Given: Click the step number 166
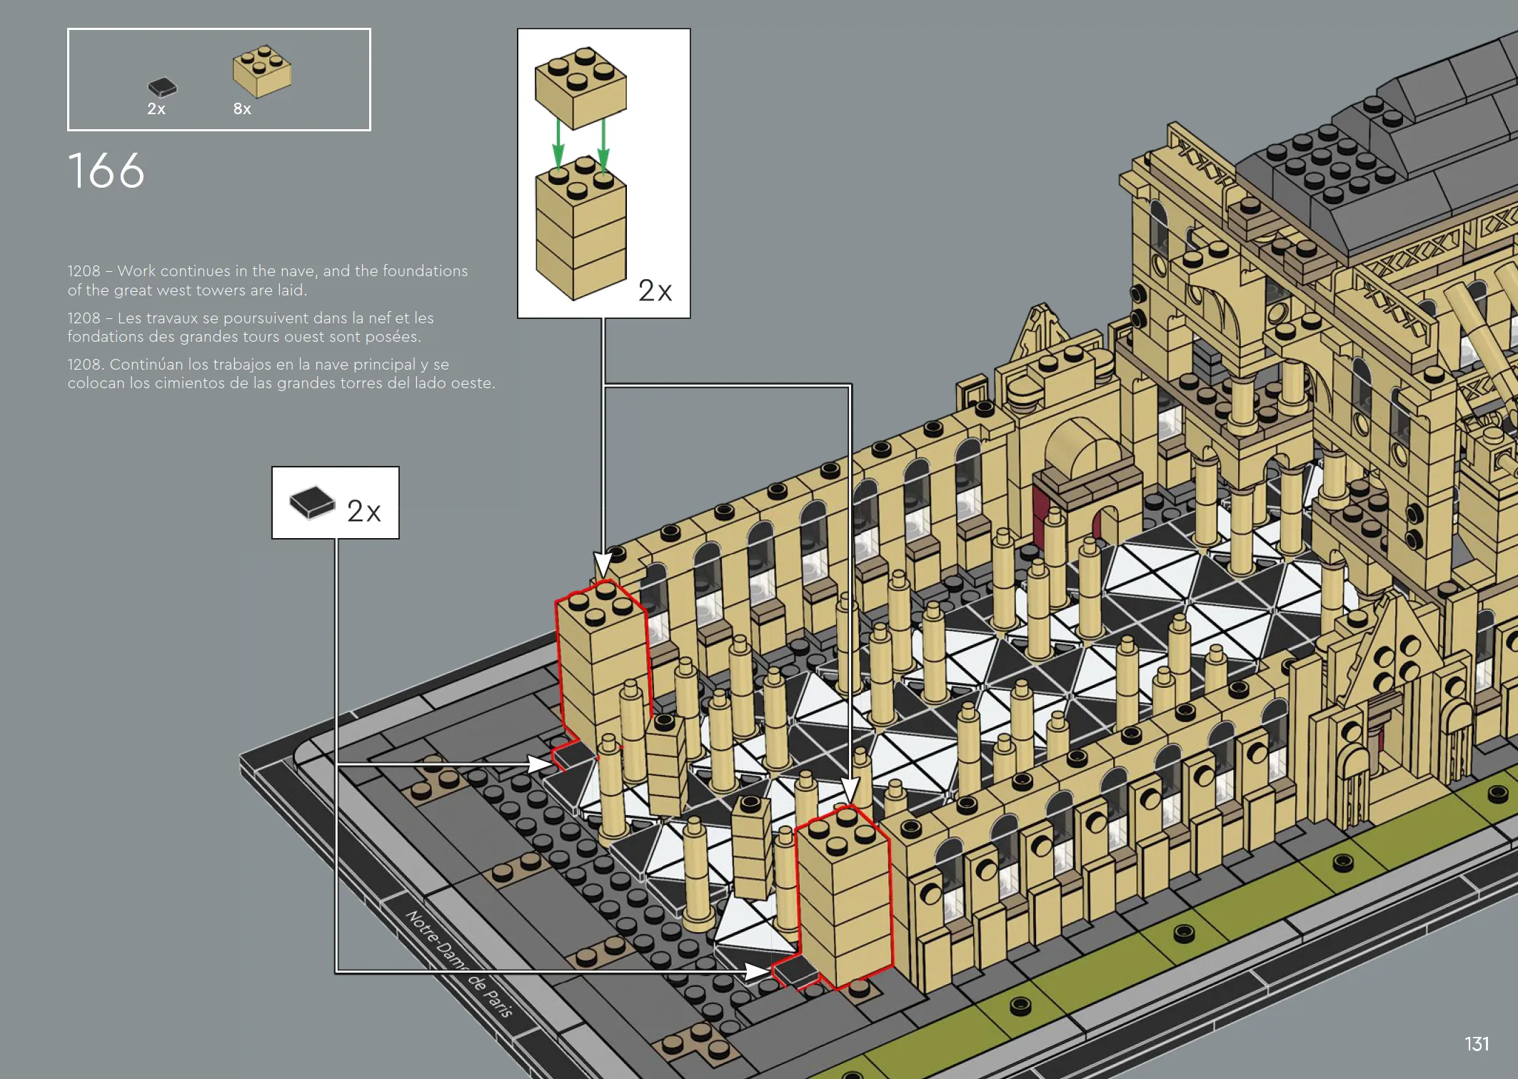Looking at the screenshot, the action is click(106, 171).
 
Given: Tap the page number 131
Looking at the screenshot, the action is click(1477, 1044).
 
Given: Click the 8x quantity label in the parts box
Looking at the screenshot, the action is click(242, 108).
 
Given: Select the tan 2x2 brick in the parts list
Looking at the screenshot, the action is click(262, 71).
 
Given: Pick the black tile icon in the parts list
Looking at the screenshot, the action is click(162, 87).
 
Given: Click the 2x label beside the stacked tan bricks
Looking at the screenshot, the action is click(655, 290).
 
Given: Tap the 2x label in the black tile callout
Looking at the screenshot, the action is click(363, 511).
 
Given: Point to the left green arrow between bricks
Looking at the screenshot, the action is click(558, 143).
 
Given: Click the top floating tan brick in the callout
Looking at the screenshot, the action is click(580, 87).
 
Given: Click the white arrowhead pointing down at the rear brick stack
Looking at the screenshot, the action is click(603, 564).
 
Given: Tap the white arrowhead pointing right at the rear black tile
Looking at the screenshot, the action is click(539, 764).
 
